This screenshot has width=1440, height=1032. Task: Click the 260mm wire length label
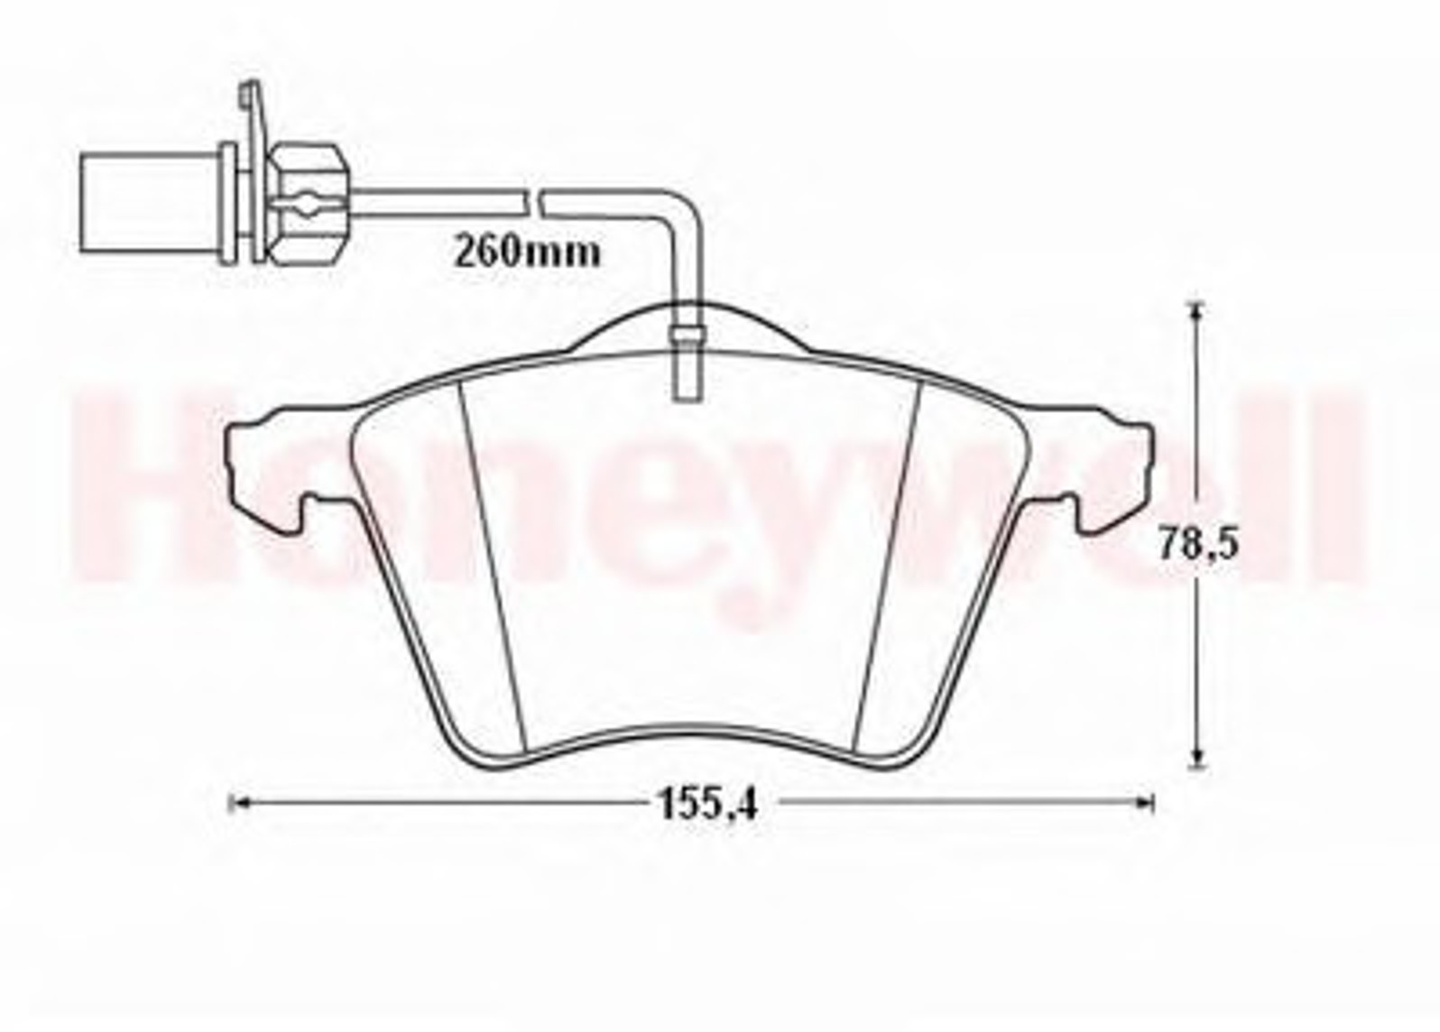[x=527, y=253]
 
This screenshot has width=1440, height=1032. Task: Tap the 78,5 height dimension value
[x=1197, y=544]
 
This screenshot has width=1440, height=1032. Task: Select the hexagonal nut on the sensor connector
[x=308, y=205]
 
